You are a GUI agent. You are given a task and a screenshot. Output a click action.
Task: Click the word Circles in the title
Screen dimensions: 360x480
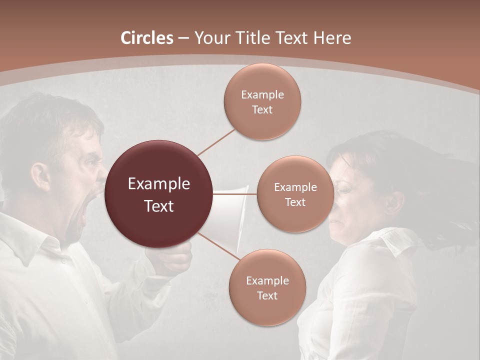(x=147, y=38)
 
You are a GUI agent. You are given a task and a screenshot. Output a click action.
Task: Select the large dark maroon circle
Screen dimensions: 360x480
(x=159, y=194)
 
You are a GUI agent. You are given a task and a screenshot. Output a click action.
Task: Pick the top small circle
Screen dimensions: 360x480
(x=262, y=101)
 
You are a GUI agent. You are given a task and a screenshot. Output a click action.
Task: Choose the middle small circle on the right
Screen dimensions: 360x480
(x=295, y=194)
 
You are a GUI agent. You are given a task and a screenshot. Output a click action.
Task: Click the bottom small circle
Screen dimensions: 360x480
(x=267, y=287)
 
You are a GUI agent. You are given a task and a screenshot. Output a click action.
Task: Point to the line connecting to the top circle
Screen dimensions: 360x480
(x=216, y=142)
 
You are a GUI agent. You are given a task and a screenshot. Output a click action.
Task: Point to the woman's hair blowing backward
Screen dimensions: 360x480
(x=440, y=200)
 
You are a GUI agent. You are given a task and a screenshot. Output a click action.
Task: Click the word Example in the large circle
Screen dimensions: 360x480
(x=159, y=183)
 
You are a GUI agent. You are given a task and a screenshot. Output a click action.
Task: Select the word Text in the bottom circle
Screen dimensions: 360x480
(x=267, y=295)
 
